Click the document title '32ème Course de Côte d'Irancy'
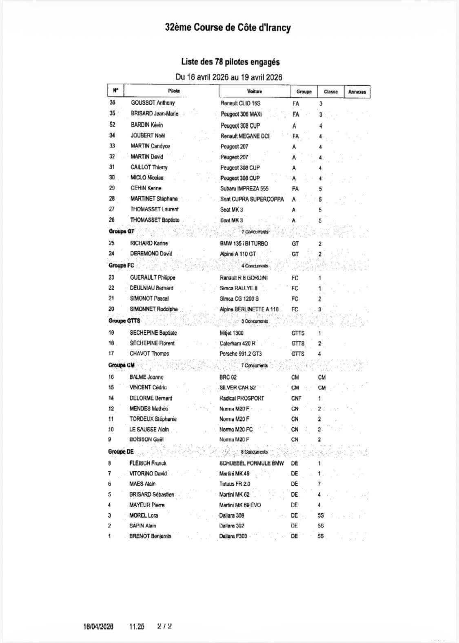(x=228, y=28)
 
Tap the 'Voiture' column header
(x=255, y=91)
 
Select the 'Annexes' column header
(x=357, y=92)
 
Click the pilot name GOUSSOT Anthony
(x=153, y=103)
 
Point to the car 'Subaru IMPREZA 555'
(x=244, y=189)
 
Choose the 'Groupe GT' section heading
(x=121, y=231)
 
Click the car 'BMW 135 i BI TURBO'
(x=244, y=243)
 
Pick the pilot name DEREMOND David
(x=151, y=254)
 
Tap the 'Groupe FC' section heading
(x=121, y=265)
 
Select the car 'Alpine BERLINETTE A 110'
(x=249, y=309)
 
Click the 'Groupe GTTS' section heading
(x=124, y=320)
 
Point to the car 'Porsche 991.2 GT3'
(x=241, y=354)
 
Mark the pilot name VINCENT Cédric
(x=148, y=387)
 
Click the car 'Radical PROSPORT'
(x=242, y=398)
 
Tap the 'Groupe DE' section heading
(x=121, y=452)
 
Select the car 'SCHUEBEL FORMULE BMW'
(x=251, y=464)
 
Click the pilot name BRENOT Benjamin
(x=150, y=537)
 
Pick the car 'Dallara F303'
(x=233, y=537)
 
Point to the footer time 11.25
(x=137, y=627)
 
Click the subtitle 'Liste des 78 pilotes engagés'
(x=231, y=62)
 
